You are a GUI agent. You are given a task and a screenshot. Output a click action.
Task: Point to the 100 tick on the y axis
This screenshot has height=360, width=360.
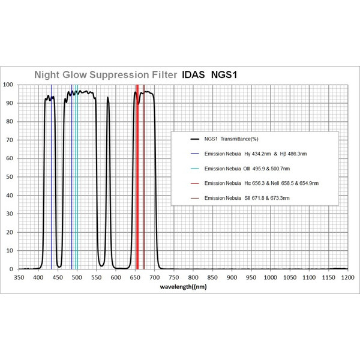pyautogui.click(x=8, y=85)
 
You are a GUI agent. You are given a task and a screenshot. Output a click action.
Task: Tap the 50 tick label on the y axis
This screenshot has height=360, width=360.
pyautogui.click(x=10, y=177)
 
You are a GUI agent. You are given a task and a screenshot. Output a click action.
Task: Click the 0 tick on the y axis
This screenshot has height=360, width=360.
pyautogui.click(x=12, y=269)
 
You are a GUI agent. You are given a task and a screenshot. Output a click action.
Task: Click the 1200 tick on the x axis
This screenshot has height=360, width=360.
pyautogui.click(x=347, y=278)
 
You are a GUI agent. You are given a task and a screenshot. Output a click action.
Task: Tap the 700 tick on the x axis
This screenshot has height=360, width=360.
pyautogui.click(x=154, y=278)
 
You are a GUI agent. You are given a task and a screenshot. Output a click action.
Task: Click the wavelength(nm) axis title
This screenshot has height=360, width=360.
pyautogui.click(x=184, y=287)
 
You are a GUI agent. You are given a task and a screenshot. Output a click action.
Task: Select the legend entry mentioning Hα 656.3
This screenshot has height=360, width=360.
pyautogui.click(x=253, y=182)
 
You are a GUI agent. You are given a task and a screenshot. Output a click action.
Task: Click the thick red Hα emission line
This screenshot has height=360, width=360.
pyautogui.click(x=137, y=180)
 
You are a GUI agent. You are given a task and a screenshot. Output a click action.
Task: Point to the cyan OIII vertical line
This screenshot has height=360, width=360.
pyautogui.click(x=77, y=180)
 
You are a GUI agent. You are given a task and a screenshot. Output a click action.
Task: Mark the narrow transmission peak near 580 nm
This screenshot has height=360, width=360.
pyautogui.click(x=108, y=102)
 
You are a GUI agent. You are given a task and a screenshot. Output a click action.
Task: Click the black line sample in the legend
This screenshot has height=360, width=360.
pyautogui.click(x=194, y=139)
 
